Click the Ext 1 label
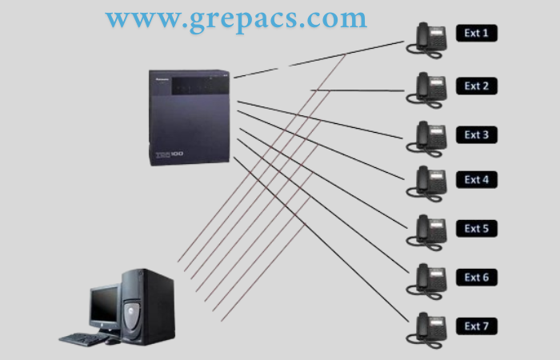(477, 34)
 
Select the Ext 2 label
(477, 86)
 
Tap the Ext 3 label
(477, 134)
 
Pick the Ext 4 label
(477, 180)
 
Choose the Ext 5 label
(477, 229)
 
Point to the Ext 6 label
(477, 278)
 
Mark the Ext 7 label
(477, 326)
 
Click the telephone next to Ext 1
(426, 40)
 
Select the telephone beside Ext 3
(426, 139)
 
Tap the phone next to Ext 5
(426, 233)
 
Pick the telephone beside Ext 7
(426, 330)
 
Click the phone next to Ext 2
(426, 90)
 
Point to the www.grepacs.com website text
(236, 20)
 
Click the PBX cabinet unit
(190, 118)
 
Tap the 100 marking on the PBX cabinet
(177, 154)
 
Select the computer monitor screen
(105, 303)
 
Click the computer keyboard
(83, 339)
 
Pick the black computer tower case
(148, 307)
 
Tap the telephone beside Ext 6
(426, 282)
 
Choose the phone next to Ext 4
(426, 183)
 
